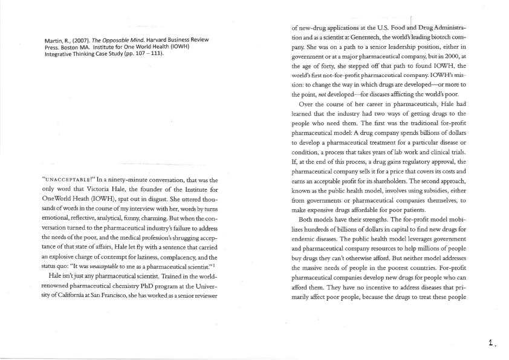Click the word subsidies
pyautogui.click(x=439, y=201)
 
